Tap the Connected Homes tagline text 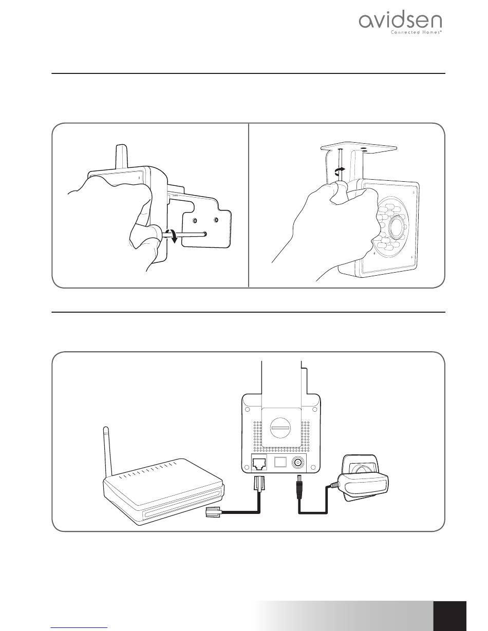416,32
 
